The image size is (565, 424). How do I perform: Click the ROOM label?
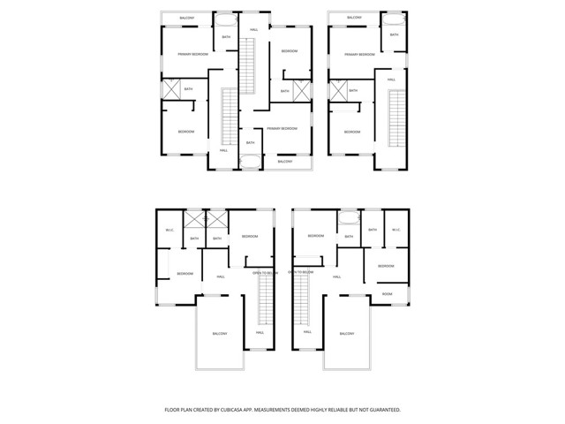click(x=388, y=293)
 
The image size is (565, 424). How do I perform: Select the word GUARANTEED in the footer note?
click(x=380, y=410)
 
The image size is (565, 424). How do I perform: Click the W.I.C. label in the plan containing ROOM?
click(x=395, y=231)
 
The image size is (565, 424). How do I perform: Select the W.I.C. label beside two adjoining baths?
click(x=169, y=231)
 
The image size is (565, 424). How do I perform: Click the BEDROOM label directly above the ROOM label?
click(x=386, y=266)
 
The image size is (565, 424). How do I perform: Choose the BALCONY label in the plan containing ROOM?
click(x=346, y=333)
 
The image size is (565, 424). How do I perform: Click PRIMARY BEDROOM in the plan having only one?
click(x=359, y=54)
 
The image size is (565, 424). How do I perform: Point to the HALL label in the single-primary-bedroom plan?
click(x=391, y=79)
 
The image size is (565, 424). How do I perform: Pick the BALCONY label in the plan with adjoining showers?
click(x=220, y=333)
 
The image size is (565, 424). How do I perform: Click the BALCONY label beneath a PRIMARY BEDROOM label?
click(x=285, y=161)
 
